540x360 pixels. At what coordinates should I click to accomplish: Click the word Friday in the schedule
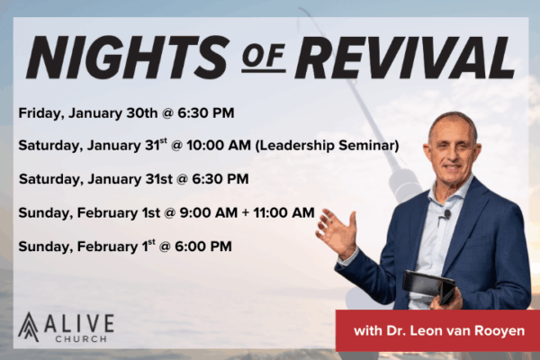[x=39, y=112]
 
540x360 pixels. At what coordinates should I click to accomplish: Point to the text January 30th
[x=103, y=112]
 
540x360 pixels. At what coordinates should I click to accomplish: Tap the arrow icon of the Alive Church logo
[x=29, y=326]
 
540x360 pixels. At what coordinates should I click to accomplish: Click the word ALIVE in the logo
[x=80, y=319]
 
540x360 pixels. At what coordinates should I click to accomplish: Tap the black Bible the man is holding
[x=429, y=287]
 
